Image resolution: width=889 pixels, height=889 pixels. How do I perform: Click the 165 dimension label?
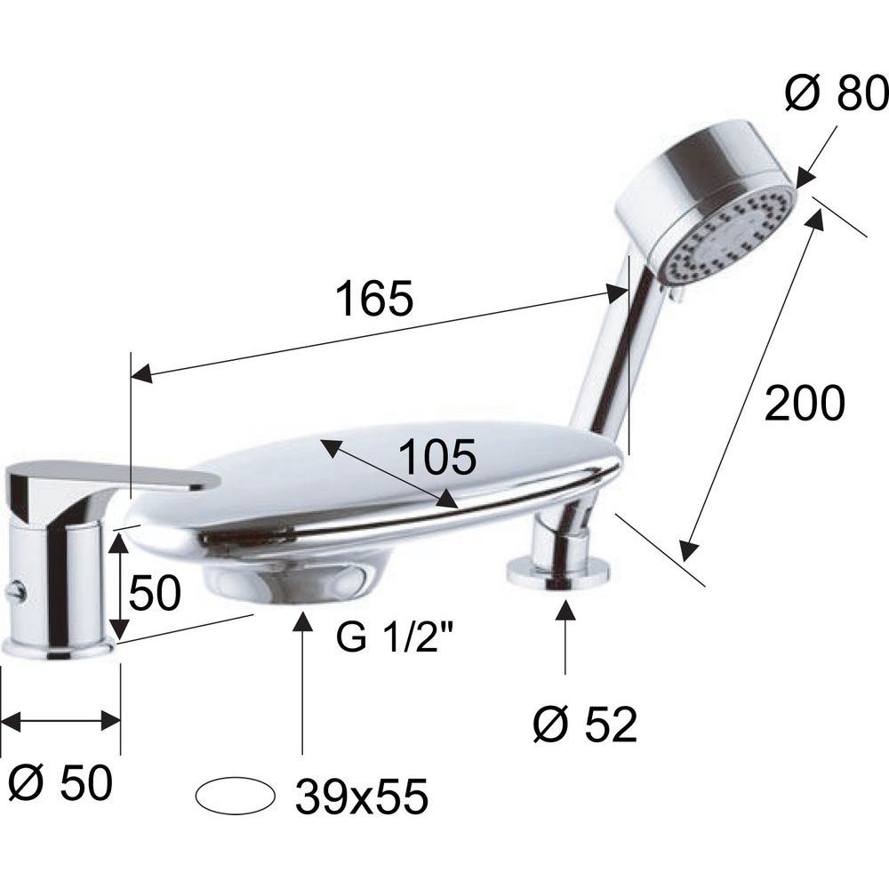pos(374,297)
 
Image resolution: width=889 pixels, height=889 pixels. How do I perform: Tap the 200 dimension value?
pos(805,403)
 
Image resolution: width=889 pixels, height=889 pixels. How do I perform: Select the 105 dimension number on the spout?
pos(437,457)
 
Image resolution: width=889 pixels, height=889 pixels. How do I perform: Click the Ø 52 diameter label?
pos(586,725)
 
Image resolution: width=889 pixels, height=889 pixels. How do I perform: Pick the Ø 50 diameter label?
pos(61,783)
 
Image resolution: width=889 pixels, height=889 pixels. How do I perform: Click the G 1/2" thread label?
pos(395,638)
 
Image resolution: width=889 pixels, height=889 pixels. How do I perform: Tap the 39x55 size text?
pos(361,796)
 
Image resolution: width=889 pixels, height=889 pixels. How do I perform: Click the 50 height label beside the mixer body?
pos(155,593)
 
